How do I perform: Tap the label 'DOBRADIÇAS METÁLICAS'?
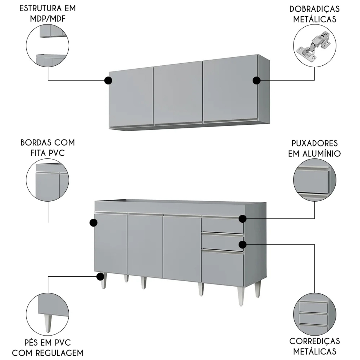tap(315, 14)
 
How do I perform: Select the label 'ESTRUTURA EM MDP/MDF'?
tap(48, 14)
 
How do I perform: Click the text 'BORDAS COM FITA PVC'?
tap(48, 148)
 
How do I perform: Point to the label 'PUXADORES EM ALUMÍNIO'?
tap(315, 148)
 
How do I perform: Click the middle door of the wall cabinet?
tap(178, 93)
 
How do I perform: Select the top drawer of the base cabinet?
tap(222, 225)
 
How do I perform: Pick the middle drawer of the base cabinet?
tap(222, 242)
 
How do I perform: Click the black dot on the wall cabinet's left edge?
tap(108, 81)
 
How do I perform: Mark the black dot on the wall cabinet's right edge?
tap(256, 81)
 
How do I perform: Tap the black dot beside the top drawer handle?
tap(243, 218)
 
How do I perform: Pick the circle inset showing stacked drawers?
tap(315, 314)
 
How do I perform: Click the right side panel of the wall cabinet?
tap(264, 89)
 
